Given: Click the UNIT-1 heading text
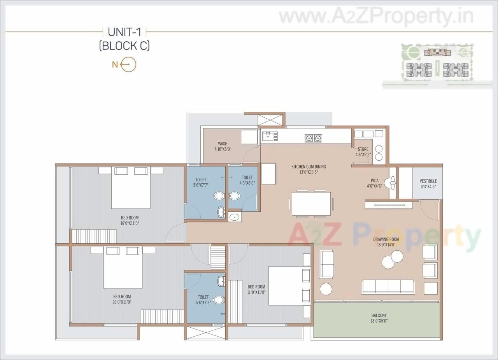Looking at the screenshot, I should click(x=124, y=32).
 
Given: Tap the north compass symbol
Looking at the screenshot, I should click(x=128, y=65).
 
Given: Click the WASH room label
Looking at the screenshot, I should click(x=223, y=144).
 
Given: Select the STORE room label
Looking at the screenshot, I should click(x=363, y=149).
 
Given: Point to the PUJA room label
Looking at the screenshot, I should click(x=375, y=181).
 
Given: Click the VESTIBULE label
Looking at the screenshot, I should click(x=428, y=181).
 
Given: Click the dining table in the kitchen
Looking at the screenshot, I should click(x=311, y=204).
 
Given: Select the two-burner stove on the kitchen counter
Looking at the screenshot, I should click(x=313, y=137).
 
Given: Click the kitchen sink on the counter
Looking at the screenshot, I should click(x=270, y=136).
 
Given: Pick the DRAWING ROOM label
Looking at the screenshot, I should click(x=386, y=239).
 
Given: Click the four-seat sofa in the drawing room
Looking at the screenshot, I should click(x=388, y=287).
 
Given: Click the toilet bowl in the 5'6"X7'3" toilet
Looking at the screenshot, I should click(x=218, y=300).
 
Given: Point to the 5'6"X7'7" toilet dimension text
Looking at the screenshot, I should click(x=201, y=185).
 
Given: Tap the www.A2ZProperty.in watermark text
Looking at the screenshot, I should click(x=376, y=17).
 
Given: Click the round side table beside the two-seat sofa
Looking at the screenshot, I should click(x=326, y=289).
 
